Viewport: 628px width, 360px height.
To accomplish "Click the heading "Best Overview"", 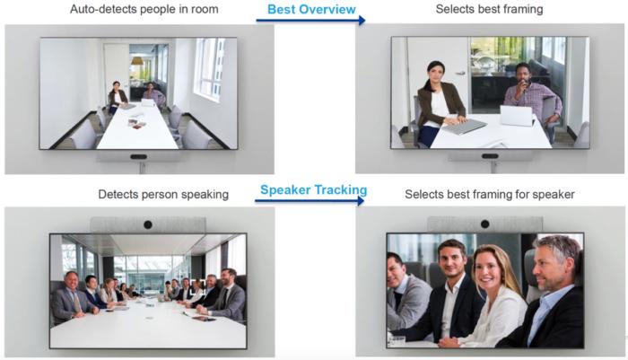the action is pyautogui.click(x=311, y=9).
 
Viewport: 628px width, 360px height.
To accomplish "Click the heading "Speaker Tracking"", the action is pyautogui.click(x=314, y=189).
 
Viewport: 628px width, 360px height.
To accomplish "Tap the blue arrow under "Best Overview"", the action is pyautogui.click(x=310, y=20).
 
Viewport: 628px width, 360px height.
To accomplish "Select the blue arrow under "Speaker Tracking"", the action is pyautogui.click(x=310, y=200).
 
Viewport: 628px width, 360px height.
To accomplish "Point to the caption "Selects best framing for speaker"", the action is pyautogui.click(x=490, y=195).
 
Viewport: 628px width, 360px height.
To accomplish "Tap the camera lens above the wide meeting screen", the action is pyautogui.click(x=148, y=225).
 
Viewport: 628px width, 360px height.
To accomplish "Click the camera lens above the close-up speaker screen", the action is pyautogui.click(x=485, y=224).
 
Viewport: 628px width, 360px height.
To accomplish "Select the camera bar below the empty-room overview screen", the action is pyautogui.click(x=138, y=156).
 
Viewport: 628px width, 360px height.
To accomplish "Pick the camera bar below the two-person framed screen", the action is pyautogui.click(x=490, y=155).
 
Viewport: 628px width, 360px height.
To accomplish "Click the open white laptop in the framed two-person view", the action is pyautogui.click(x=517, y=116).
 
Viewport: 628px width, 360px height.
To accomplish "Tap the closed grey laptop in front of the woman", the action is pyautogui.click(x=465, y=127).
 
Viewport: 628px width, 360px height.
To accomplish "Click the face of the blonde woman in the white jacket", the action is pyautogui.click(x=493, y=268).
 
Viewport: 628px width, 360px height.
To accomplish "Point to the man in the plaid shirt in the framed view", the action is pyautogui.click(x=531, y=98).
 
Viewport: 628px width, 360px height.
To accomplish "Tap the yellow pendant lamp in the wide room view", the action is pyautogui.click(x=137, y=61).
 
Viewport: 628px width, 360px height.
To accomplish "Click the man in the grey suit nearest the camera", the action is pyautogui.click(x=71, y=298).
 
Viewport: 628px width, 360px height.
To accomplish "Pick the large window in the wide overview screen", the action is pyautogui.click(x=208, y=69).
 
